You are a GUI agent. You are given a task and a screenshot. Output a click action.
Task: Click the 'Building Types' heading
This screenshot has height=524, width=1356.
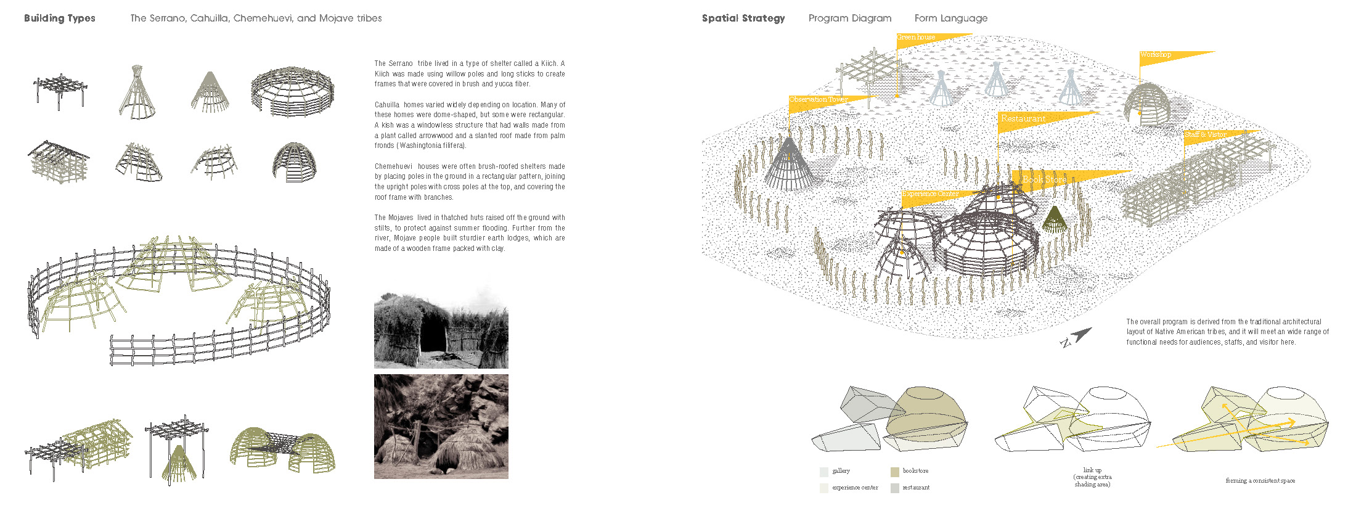(x=60, y=18)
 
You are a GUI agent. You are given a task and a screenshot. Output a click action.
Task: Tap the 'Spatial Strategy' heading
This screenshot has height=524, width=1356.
(x=743, y=18)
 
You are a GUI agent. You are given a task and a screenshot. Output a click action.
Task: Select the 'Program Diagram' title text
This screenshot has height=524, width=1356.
(x=850, y=18)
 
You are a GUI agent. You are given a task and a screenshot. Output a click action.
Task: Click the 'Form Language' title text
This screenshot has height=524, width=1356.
(x=950, y=18)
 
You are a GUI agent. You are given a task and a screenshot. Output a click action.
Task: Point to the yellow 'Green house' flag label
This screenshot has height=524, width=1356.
(x=917, y=38)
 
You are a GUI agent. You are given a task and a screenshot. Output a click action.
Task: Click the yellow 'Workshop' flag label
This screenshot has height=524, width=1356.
(x=1156, y=55)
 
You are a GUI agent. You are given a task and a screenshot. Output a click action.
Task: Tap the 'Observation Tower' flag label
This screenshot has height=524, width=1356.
(x=819, y=100)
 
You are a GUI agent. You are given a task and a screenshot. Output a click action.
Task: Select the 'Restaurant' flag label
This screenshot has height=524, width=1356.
(x=1023, y=118)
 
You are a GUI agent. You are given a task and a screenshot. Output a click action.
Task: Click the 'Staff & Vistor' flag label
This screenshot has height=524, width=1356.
(x=1206, y=134)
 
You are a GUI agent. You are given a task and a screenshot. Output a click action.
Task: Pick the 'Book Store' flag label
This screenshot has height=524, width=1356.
(x=1044, y=179)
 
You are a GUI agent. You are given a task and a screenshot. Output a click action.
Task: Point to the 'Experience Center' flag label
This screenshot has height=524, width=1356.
(x=931, y=194)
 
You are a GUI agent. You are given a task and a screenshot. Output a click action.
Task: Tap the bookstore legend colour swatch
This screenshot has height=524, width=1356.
(x=895, y=472)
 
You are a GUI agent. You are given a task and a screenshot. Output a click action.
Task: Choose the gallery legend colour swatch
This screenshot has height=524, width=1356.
(x=824, y=472)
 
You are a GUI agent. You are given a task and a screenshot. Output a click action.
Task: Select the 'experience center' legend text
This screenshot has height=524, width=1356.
(x=855, y=488)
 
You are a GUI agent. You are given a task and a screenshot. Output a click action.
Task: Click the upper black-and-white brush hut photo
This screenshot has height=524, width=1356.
(x=441, y=330)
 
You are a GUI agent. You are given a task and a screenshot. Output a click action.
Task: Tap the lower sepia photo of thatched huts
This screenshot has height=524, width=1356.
(x=441, y=427)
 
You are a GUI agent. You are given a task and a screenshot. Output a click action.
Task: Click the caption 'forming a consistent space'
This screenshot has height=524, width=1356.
(x=1260, y=481)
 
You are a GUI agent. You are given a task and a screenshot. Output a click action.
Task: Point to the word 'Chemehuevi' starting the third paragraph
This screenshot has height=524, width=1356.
(x=393, y=166)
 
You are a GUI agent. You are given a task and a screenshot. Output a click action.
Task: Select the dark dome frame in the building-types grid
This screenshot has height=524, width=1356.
(x=294, y=162)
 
